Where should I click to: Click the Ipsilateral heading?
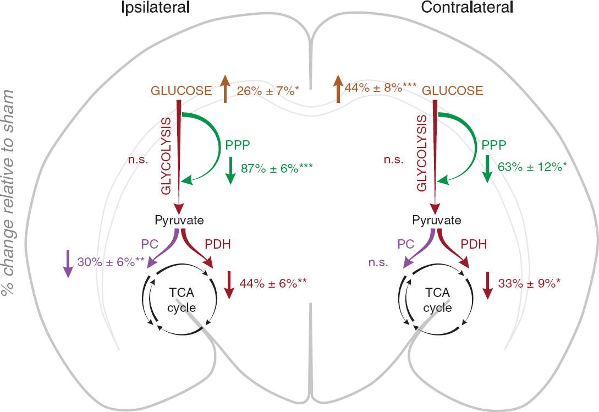155,8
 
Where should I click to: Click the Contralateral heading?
467,7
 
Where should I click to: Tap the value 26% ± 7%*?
268,91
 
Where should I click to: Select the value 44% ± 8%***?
381,88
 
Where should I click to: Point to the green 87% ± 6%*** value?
277,168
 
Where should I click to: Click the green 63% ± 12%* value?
532,167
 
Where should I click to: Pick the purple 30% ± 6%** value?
111,262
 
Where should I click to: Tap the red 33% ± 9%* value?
529,283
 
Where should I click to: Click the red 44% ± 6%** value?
273,283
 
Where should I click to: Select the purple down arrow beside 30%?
68,263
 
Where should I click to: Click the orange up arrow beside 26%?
225,89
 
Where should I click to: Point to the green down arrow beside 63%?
487,169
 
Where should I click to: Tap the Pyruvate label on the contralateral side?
437,220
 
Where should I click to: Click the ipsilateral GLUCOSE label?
182,91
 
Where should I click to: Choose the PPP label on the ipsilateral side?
238,145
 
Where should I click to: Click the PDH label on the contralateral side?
474,244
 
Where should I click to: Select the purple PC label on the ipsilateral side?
150,244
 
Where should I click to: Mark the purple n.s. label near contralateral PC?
378,262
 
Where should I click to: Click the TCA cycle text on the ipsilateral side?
182,300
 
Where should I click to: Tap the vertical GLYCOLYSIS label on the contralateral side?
422,153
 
